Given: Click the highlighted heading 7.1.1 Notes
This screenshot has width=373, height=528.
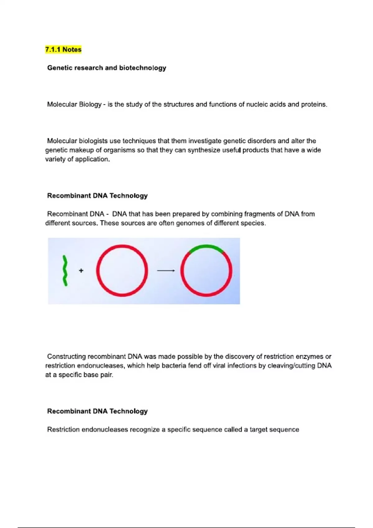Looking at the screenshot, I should [63, 50].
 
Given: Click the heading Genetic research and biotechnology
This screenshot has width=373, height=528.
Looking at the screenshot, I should [107, 68].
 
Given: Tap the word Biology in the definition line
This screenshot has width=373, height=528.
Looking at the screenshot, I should [90, 105].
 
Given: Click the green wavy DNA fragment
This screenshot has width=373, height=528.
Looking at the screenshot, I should [65, 271].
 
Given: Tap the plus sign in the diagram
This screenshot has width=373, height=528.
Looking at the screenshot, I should [81, 271].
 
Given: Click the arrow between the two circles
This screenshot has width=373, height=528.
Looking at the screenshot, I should [166, 271].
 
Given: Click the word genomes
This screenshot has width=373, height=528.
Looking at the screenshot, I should [190, 223].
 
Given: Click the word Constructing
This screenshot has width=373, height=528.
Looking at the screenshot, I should [67, 357].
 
